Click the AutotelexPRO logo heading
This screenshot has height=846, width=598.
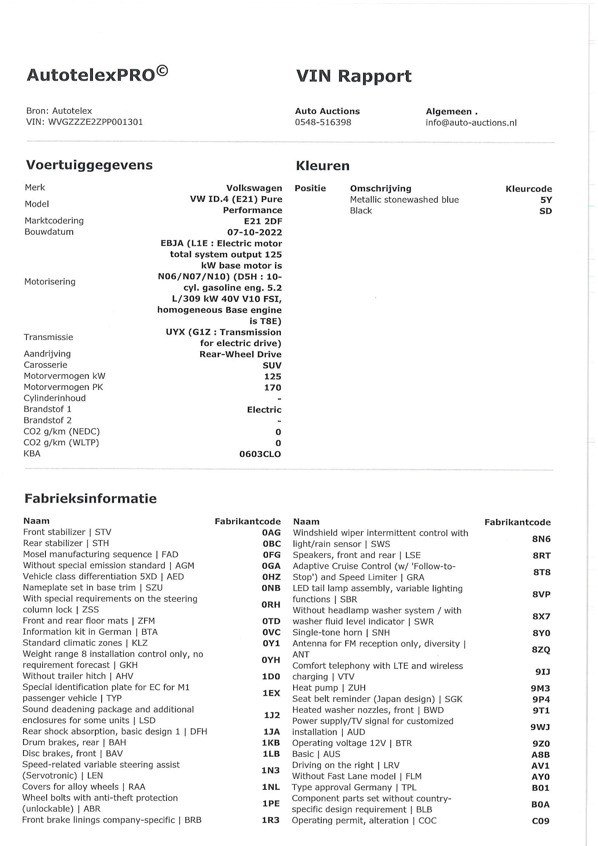[x=97, y=74]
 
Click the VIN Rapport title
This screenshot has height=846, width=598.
[x=354, y=76]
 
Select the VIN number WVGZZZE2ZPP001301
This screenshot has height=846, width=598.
[x=95, y=122]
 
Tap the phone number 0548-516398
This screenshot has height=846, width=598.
[x=323, y=122]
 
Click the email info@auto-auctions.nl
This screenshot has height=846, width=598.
[x=471, y=123]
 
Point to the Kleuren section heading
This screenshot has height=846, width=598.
[x=323, y=166]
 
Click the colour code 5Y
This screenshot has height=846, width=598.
[x=546, y=200]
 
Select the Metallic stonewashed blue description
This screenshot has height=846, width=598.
[x=404, y=200]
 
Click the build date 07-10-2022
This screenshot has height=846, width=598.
[x=254, y=232]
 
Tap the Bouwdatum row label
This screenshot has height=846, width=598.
[x=49, y=232]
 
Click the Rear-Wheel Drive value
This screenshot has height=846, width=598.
[x=240, y=354]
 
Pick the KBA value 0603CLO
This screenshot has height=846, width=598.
[x=260, y=454]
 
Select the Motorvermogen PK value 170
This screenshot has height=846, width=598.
[x=273, y=387]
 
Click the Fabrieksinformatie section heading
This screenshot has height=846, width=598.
[x=90, y=499]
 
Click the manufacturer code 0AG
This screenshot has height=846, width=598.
[x=271, y=532]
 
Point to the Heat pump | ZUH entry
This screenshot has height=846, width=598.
[x=329, y=688]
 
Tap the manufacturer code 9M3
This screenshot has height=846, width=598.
[x=540, y=688]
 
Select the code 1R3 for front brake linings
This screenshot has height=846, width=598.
[x=271, y=820]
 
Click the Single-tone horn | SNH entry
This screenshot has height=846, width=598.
[x=341, y=632]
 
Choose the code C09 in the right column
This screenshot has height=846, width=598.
[x=540, y=821]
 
